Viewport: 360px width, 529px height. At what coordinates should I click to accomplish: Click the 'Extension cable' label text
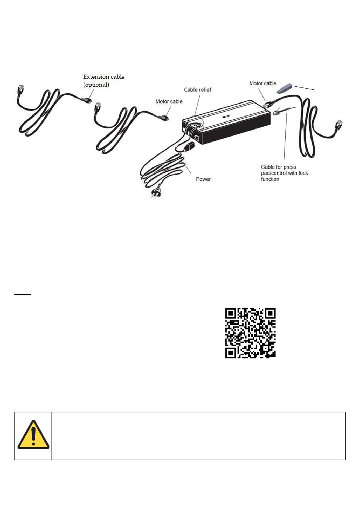pyautogui.click(x=103, y=77)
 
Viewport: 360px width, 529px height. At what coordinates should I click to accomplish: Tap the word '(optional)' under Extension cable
pyautogui.click(x=96, y=85)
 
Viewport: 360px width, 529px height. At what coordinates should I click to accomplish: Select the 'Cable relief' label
pyautogui.click(x=197, y=90)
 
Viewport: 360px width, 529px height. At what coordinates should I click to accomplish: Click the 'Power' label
pyautogui.click(x=203, y=179)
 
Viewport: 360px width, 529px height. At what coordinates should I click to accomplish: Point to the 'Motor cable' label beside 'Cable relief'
pyautogui.click(x=169, y=101)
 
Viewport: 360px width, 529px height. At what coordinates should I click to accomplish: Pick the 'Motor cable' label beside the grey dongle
pyautogui.click(x=263, y=83)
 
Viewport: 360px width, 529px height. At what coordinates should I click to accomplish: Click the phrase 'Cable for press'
pyautogui.click(x=278, y=167)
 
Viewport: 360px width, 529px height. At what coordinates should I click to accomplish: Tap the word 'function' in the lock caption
pyautogui.click(x=270, y=179)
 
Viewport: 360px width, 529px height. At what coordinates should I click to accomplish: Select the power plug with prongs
pyautogui.click(x=156, y=193)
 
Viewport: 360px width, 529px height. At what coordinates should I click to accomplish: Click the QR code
pyautogui.click(x=250, y=333)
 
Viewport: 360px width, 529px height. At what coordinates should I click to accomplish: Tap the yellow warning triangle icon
pyautogui.click(x=33, y=435)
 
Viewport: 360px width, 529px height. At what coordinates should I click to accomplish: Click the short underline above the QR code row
pyautogui.click(x=22, y=294)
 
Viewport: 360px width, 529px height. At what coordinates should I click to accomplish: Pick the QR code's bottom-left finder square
pyautogui.click(x=230, y=353)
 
